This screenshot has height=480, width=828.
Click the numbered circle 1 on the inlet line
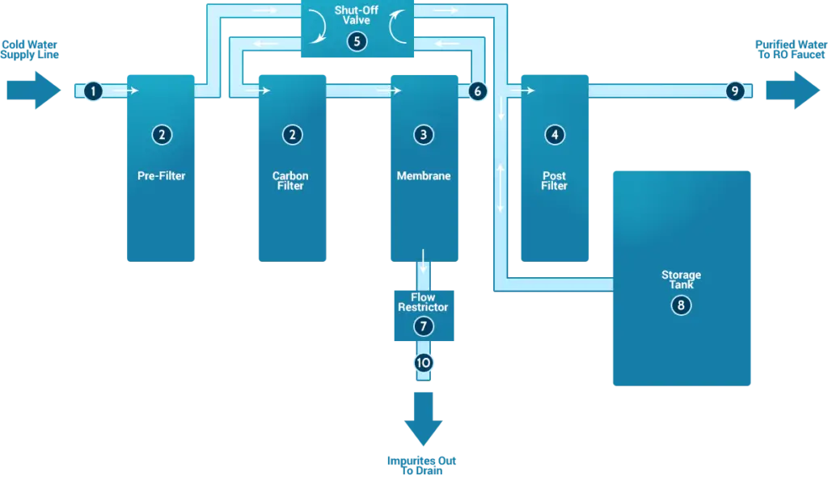pyautogui.click(x=94, y=91)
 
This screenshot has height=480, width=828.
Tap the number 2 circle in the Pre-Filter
pyautogui.click(x=162, y=135)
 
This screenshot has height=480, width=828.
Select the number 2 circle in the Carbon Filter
pyautogui.click(x=292, y=135)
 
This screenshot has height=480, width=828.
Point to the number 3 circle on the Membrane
pyautogui.click(x=423, y=135)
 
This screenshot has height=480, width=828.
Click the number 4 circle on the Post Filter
pyautogui.click(x=554, y=135)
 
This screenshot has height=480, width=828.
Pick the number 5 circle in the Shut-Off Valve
pyautogui.click(x=357, y=42)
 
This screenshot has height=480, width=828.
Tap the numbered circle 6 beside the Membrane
pyautogui.click(x=477, y=91)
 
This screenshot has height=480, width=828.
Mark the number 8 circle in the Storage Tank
pyautogui.click(x=681, y=305)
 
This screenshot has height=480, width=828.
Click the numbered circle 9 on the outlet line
pyautogui.click(x=734, y=91)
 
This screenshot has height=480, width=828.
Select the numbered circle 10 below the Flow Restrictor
pyautogui.click(x=423, y=363)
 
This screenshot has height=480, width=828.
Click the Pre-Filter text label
pyautogui.click(x=162, y=175)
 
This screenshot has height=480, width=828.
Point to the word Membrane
pyautogui.click(x=423, y=175)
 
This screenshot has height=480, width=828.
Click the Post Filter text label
pyautogui.click(x=554, y=181)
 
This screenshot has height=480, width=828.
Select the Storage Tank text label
pyautogui.click(x=681, y=280)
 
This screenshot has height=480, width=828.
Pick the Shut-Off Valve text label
pyautogui.click(x=357, y=14)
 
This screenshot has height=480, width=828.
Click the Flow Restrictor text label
pyautogui.click(x=423, y=302)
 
